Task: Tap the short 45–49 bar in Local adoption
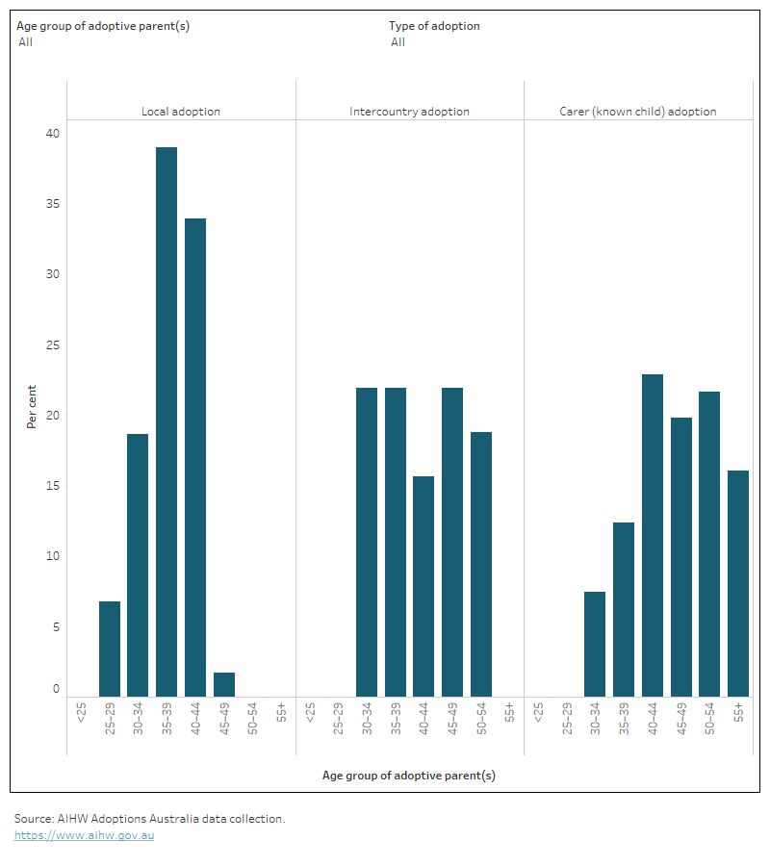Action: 223,684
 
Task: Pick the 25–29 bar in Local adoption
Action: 110,649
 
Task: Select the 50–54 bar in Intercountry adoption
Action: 481,564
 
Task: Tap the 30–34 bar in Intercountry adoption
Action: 367,542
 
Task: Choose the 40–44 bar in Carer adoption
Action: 653,535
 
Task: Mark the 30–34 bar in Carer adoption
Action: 595,644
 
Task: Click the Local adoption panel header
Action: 181,112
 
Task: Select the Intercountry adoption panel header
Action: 409,112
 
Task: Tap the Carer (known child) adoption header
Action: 638,112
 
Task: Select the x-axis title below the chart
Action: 409,775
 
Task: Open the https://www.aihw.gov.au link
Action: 84,835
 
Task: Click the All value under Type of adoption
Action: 398,42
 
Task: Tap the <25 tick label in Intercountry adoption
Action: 310,713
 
